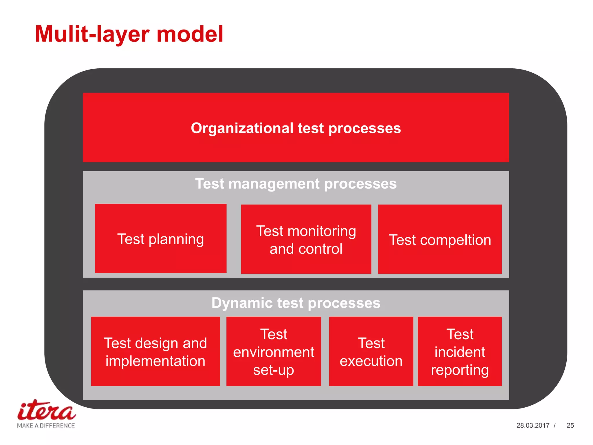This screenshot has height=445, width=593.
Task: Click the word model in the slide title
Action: (x=190, y=34)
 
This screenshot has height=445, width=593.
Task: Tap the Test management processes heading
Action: (x=296, y=184)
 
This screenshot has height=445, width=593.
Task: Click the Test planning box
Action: (x=160, y=238)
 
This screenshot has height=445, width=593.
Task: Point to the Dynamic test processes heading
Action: (x=296, y=303)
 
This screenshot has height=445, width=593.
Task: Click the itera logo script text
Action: (x=46, y=411)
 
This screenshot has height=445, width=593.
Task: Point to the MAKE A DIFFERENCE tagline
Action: (x=46, y=426)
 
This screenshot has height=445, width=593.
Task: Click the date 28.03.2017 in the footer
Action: (x=533, y=425)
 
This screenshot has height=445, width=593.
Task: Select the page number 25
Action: (x=570, y=425)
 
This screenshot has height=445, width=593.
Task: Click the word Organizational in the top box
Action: (x=242, y=128)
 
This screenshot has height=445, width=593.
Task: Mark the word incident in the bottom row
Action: (x=460, y=352)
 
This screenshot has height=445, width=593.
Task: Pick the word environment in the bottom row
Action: (x=273, y=352)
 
